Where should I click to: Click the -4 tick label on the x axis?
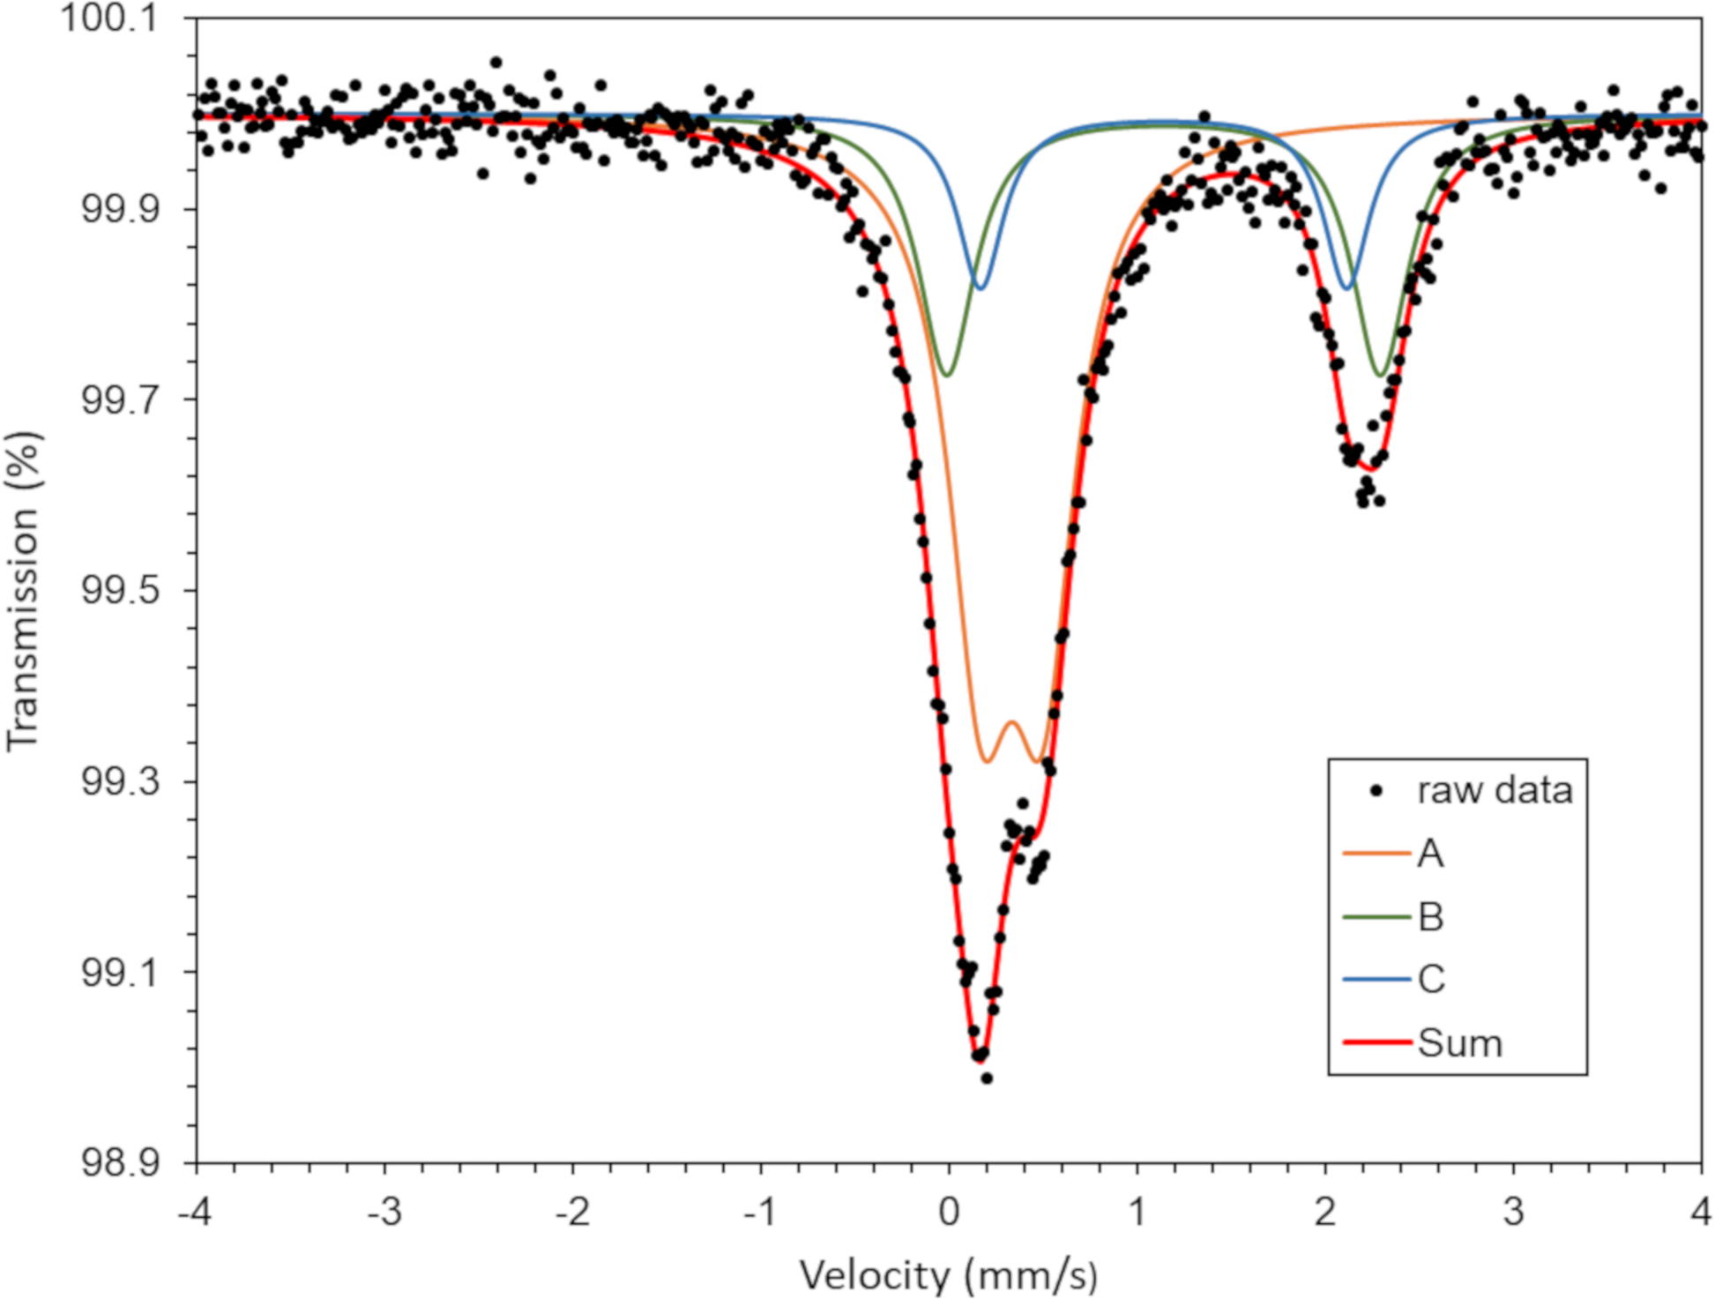(195, 1212)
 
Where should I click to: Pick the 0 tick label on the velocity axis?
(949, 1212)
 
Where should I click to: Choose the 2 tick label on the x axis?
(1325, 1212)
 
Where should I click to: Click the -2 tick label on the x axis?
(571, 1212)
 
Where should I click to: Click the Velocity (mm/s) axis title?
(948, 1275)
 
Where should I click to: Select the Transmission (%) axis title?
(23, 591)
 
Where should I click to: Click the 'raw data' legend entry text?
(1495, 790)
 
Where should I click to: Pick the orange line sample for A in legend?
(1376, 853)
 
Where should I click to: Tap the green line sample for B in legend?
(1376, 917)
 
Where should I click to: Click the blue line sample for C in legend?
(1376, 979)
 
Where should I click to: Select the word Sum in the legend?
(1459, 1043)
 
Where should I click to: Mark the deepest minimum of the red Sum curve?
(979, 1061)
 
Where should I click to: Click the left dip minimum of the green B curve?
(946, 376)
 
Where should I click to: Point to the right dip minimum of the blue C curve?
(1346, 288)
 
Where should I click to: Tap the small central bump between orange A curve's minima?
(1012, 722)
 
